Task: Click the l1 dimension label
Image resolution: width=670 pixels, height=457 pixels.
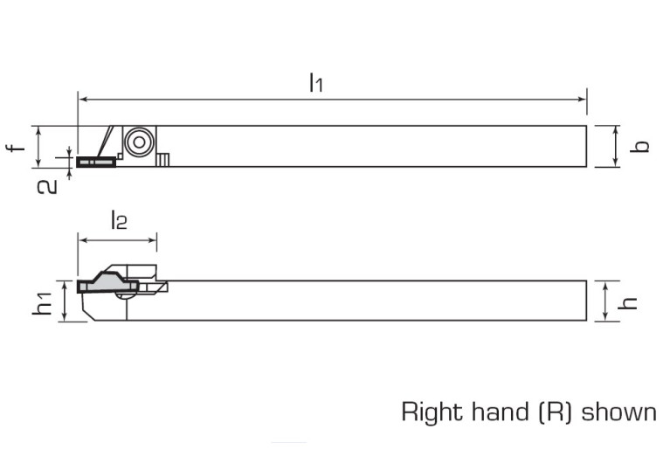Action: click(x=315, y=82)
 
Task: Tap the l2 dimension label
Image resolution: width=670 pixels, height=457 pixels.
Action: click(x=119, y=219)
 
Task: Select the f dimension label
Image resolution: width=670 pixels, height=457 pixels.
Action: click(x=16, y=148)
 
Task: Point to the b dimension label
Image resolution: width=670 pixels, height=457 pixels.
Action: click(x=639, y=146)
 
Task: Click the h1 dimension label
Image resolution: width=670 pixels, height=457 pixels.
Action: click(x=42, y=303)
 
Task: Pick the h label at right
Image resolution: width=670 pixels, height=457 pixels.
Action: click(x=628, y=302)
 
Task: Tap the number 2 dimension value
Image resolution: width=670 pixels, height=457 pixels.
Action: click(x=47, y=187)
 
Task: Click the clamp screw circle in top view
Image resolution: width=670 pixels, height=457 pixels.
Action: click(x=139, y=142)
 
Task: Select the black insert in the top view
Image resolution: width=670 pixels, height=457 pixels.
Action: click(x=96, y=162)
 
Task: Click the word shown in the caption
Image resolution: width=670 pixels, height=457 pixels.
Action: click(x=618, y=412)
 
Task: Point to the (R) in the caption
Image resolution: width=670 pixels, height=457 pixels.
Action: click(x=554, y=412)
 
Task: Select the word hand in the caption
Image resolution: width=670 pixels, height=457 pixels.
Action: click(x=501, y=412)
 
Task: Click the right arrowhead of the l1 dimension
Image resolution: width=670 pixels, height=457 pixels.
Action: click(x=583, y=100)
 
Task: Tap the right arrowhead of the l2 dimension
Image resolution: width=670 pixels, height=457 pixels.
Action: click(x=152, y=240)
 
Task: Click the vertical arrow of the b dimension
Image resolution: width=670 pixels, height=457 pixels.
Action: click(x=616, y=146)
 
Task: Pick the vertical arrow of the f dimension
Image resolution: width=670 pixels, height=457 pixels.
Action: click(x=38, y=146)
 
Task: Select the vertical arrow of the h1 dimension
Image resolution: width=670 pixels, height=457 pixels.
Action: click(x=64, y=301)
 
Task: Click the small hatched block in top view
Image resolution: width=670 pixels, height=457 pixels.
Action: click(x=162, y=160)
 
